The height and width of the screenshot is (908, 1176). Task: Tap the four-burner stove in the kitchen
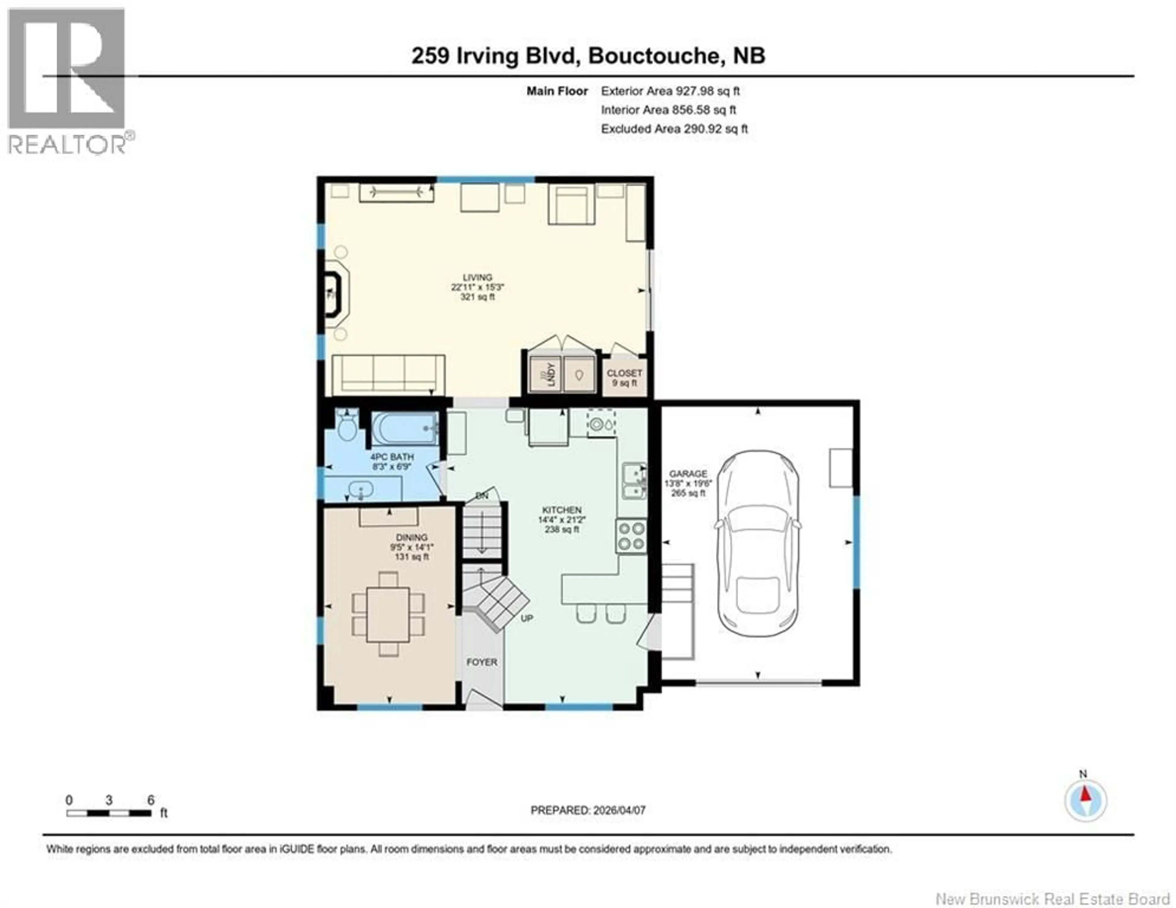[631, 536]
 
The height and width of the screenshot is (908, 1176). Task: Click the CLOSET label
[624, 373]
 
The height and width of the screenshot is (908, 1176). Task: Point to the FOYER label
[481, 662]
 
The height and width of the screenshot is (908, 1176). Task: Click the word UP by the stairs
[527, 618]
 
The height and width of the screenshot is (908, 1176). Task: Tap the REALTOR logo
[67, 81]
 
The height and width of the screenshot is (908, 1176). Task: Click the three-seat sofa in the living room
[388, 373]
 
